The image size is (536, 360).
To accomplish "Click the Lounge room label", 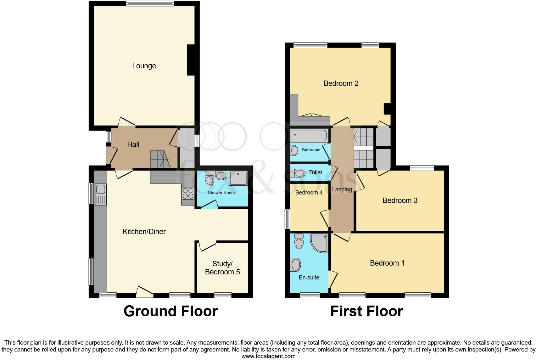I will click(x=144, y=66).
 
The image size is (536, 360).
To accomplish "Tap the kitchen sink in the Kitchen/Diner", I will click(x=101, y=189).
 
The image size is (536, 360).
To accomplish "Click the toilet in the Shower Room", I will click(x=209, y=179).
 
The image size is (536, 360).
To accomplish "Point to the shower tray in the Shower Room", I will click(x=238, y=178).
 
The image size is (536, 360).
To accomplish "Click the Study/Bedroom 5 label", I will click(x=222, y=268).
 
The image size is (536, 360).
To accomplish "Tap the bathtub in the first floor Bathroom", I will click(x=309, y=136).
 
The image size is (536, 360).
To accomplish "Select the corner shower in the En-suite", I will click(x=319, y=243).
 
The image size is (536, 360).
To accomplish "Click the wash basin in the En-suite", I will click(x=296, y=264).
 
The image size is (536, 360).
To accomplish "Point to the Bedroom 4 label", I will click(x=309, y=193).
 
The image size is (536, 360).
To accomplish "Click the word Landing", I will click(x=342, y=189).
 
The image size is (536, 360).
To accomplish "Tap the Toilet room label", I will click(x=315, y=172).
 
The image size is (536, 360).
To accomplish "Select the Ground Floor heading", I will click(x=170, y=311).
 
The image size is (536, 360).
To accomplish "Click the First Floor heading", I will click(x=366, y=311).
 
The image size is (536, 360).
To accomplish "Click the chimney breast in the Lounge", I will click(x=191, y=60).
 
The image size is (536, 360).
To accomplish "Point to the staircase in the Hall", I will click(x=160, y=159).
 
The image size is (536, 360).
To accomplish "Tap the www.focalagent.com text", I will click(x=268, y=356).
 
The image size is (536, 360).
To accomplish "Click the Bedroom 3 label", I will click(x=400, y=200).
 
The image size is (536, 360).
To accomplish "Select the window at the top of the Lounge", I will click(x=150, y=3).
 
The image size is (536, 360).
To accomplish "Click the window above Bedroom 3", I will click(x=422, y=168).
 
